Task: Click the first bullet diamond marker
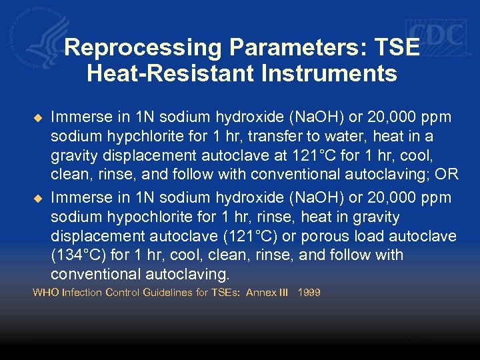[x=37, y=118]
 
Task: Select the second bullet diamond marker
[x=37, y=199]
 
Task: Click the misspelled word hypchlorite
[x=141, y=137]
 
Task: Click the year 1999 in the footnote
[x=309, y=293]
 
